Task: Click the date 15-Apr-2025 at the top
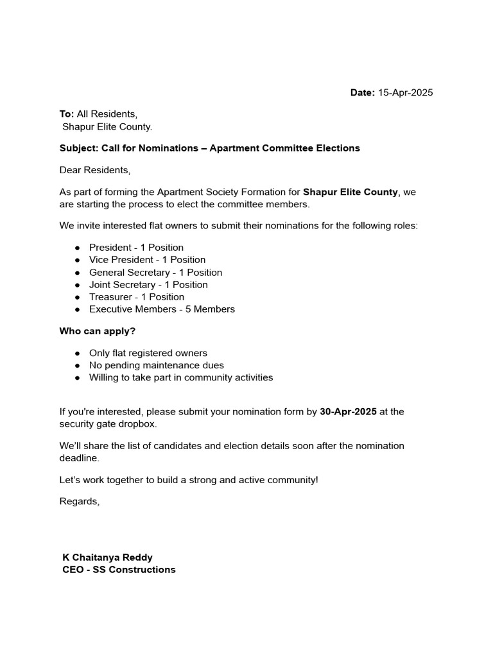[x=405, y=92]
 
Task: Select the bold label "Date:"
[x=362, y=92]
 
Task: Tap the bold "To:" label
[x=67, y=114]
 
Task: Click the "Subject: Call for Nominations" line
[x=209, y=148]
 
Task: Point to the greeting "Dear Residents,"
[x=94, y=170]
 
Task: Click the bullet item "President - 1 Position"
[x=136, y=248]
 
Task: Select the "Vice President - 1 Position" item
[x=147, y=260]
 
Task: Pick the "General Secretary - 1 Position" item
[x=155, y=272]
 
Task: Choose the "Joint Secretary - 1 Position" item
[x=148, y=284]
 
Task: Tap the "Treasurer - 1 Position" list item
[x=137, y=296]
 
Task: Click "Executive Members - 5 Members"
[x=162, y=309]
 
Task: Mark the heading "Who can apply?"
[x=98, y=331]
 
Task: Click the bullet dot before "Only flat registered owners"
[x=77, y=354]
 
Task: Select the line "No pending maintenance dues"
[x=157, y=365]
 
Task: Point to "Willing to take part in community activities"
[x=181, y=377]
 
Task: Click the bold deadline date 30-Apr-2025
[x=348, y=412]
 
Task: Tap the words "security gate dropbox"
[x=108, y=424]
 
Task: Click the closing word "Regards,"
[x=80, y=501]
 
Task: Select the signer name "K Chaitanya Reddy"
[x=107, y=558]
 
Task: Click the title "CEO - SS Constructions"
[x=119, y=570]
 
